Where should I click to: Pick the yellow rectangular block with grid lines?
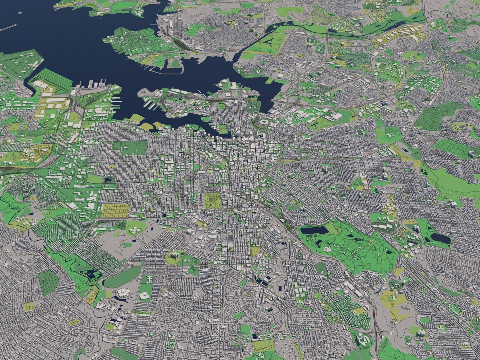pos(115,210)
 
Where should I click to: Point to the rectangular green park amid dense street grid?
pos(130,148)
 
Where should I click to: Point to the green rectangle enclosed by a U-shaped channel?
pos(174,63)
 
